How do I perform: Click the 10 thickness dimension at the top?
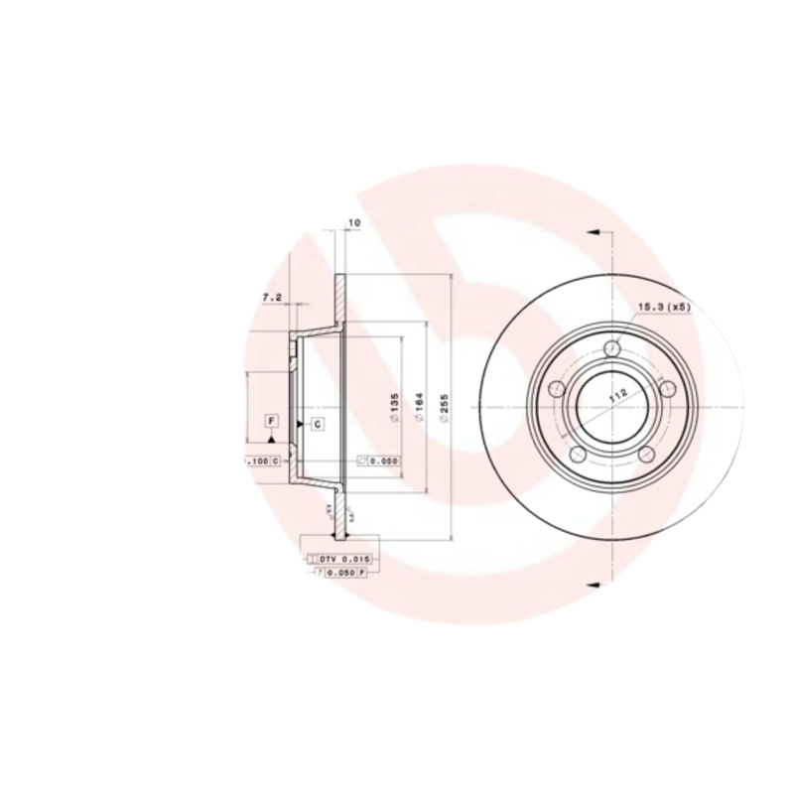pyautogui.click(x=353, y=224)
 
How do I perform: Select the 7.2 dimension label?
pyautogui.click(x=271, y=296)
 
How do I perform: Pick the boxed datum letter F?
pyautogui.click(x=270, y=421)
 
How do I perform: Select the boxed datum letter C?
pyautogui.click(x=317, y=425)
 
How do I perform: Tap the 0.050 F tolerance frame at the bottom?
pyautogui.click(x=340, y=574)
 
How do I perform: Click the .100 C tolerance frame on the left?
pyautogui.click(x=261, y=462)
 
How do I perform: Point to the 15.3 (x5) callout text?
pyautogui.click(x=664, y=309)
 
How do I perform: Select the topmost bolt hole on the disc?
pyautogui.click(x=612, y=349)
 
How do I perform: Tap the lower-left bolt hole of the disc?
pyautogui.click(x=578, y=454)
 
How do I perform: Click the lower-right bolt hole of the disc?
pyautogui.click(x=647, y=454)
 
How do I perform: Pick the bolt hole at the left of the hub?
pyautogui.click(x=557, y=388)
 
